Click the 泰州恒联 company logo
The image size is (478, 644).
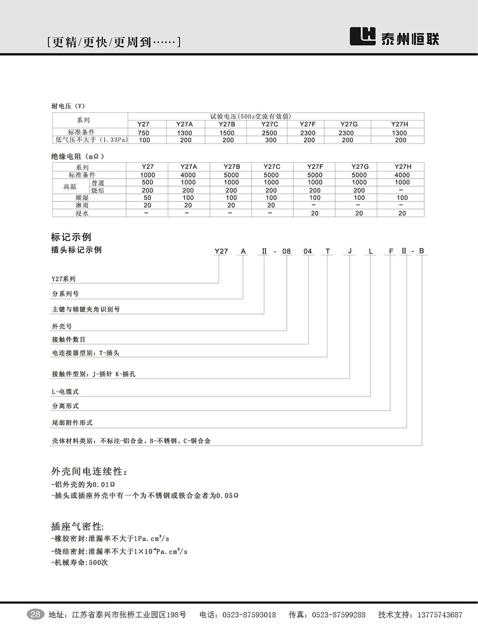tap(395, 37)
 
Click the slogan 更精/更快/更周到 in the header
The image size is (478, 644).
tap(113, 42)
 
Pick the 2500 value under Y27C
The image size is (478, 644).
tap(270, 133)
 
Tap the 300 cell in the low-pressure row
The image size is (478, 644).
tap(270, 140)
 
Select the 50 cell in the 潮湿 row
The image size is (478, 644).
tap(147, 198)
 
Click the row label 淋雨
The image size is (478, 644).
tap(82, 206)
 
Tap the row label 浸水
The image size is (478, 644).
tap(82, 213)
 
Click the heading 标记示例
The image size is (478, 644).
tap(71, 237)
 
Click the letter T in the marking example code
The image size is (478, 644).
tap(328, 251)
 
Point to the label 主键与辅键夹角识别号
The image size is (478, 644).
tap(86, 309)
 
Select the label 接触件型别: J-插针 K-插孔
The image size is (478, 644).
tap(94, 374)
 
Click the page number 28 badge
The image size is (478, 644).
tap(36, 614)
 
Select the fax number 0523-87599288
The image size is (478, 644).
tap(338, 615)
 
